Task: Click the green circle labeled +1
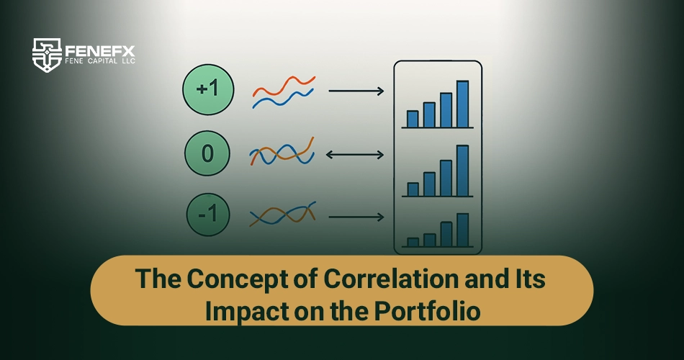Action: (x=208, y=89)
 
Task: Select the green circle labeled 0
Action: (x=207, y=153)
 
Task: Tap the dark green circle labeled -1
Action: (x=208, y=215)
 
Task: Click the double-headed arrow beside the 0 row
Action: (x=355, y=155)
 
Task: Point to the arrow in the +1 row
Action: (x=356, y=91)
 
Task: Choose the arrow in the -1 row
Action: (x=356, y=217)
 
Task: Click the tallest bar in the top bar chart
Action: (x=462, y=104)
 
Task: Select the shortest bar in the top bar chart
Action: (x=413, y=119)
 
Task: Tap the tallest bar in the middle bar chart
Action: (x=462, y=171)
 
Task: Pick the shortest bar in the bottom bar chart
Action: (x=413, y=242)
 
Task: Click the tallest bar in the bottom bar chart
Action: (x=462, y=230)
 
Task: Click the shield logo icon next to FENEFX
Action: (x=47, y=55)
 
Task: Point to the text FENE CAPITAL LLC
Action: (x=100, y=61)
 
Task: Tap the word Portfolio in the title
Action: (x=427, y=311)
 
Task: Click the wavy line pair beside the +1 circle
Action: (x=284, y=92)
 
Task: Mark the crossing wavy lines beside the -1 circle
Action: (x=283, y=214)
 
